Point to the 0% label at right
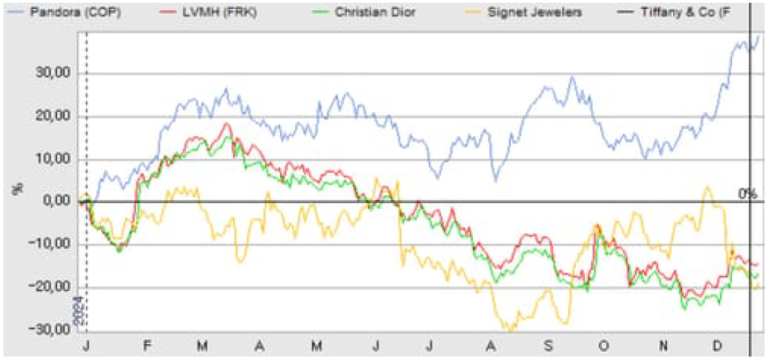pos(747,194)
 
